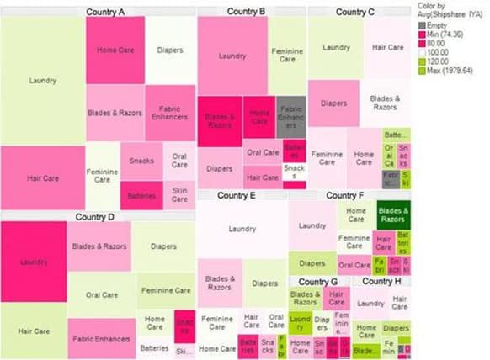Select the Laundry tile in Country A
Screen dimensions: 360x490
point(42,81)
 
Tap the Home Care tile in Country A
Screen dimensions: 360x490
point(115,50)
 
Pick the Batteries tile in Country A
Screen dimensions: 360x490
point(141,195)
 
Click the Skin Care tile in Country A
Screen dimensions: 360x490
point(179,194)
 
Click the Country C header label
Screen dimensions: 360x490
point(355,12)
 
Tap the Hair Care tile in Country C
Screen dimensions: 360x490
point(387,48)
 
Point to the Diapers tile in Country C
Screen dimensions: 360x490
point(333,103)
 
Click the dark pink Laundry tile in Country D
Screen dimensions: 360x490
point(34,262)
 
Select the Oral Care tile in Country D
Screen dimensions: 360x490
point(102,295)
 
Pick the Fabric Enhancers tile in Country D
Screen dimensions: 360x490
point(101,339)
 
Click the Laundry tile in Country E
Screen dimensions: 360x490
point(242,228)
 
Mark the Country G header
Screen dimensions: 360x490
point(317,282)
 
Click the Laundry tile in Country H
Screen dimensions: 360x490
point(370,303)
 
